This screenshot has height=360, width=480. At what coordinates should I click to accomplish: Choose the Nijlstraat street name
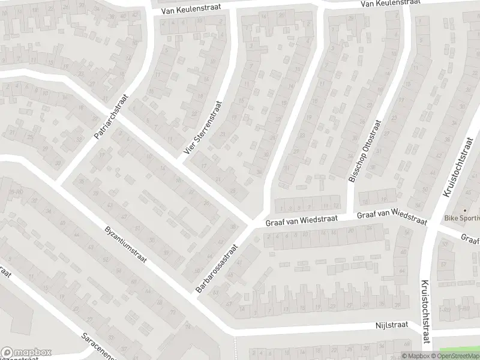(x=391, y=325)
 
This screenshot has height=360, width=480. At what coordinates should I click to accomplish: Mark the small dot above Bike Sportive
(x=464, y=210)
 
